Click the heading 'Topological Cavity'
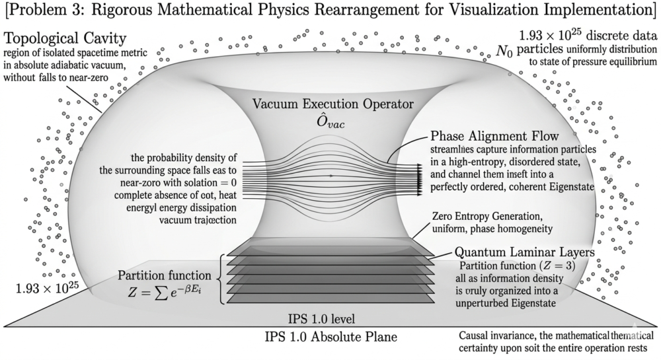tap(64, 36)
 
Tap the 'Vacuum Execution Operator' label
tap(329, 104)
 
